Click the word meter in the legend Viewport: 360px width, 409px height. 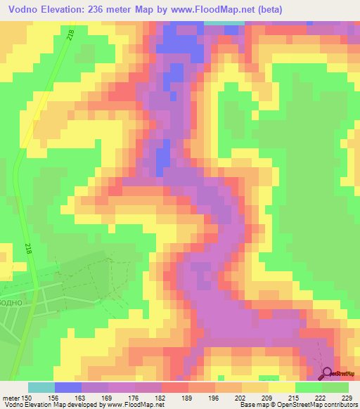coord(11,397)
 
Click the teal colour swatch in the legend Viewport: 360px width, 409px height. coord(41,387)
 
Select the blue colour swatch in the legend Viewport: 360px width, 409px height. coord(67,387)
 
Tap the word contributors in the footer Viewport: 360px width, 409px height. coord(340,405)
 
